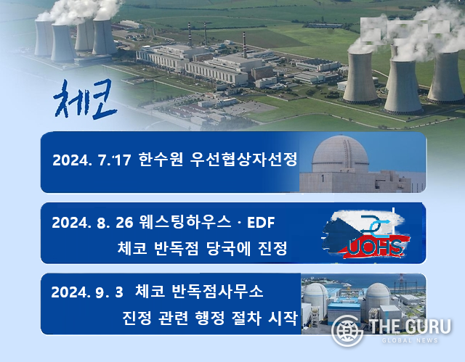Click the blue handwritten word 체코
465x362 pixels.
(x=86, y=99)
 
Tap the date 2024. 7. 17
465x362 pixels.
(x=92, y=160)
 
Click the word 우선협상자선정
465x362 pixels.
(x=243, y=160)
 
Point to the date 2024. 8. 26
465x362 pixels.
(x=92, y=222)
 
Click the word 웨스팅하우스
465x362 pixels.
(x=185, y=222)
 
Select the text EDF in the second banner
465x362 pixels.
(x=261, y=222)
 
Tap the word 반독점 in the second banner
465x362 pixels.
(x=176, y=248)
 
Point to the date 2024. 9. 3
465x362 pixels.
(x=87, y=292)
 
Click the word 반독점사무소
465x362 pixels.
(x=217, y=291)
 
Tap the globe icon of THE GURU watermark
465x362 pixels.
(x=347, y=331)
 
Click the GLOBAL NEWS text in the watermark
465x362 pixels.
(x=410, y=340)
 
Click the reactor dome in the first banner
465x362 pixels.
(x=340, y=154)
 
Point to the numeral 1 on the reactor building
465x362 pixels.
(x=323, y=178)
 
